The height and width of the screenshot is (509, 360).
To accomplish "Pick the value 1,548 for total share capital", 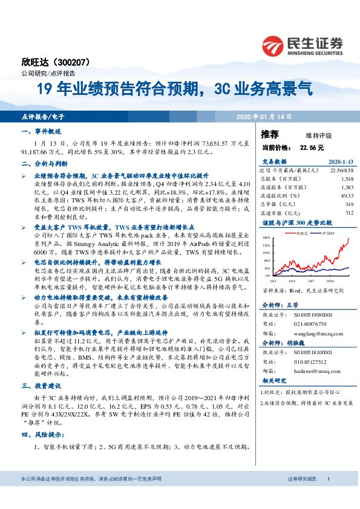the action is (346, 180).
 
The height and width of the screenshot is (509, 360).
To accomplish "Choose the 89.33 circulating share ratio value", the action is (346, 196).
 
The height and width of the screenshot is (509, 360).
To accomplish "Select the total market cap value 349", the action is (348, 204).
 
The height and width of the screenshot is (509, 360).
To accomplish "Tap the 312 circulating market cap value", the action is (348, 213).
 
